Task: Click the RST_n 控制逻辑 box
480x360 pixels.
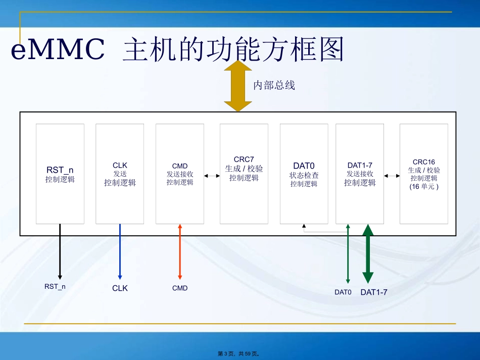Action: tap(60, 174)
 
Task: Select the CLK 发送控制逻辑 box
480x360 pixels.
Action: tap(120, 174)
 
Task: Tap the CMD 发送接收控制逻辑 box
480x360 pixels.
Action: tap(180, 174)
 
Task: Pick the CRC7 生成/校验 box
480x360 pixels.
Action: tap(244, 174)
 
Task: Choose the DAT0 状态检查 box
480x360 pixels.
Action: tap(304, 174)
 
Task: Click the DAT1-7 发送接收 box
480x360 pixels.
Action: tap(360, 174)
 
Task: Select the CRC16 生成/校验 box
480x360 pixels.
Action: tap(423, 174)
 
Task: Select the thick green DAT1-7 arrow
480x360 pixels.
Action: tap(368, 255)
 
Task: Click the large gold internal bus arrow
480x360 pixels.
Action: tap(238, 86)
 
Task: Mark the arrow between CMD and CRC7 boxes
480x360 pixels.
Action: tap(212, 176)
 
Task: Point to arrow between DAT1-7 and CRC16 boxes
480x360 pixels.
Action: tap(392, 176)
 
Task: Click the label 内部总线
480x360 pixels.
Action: tap(274, 85)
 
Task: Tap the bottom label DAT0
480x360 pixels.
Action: tap(343, 292)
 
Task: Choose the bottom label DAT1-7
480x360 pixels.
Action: tap(373, 292)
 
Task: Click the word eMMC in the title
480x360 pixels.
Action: tap(58, 50)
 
